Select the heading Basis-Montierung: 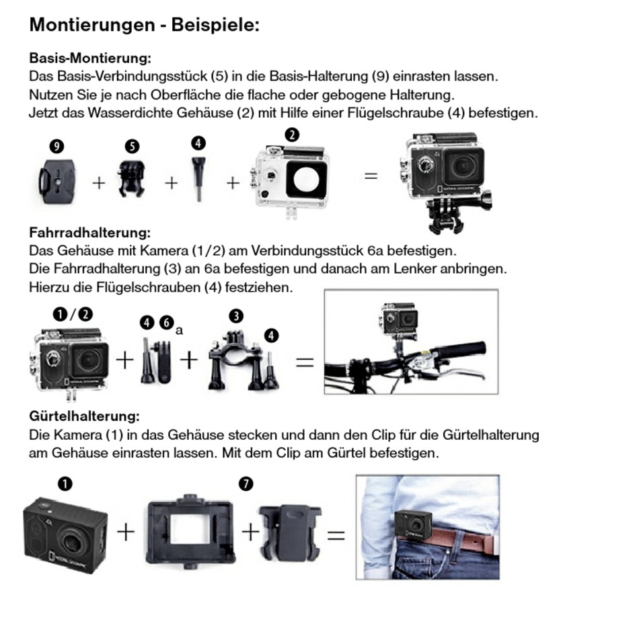[x=89, y=58]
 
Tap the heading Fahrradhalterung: [x=89, y=233]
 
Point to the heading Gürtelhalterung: [x=84, y=417]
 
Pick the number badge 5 [x=132, y=146]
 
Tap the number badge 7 [x=246, y=483]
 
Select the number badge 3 [x=235, y=316]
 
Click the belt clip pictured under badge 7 [x=289, y=531]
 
